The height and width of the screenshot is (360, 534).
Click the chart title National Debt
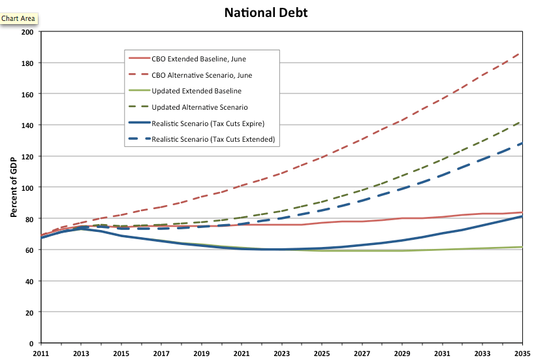[x=266, y=12]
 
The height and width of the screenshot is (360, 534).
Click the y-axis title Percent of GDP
[x=14, y=188]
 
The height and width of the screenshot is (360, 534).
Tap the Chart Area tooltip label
[x=18, y=18]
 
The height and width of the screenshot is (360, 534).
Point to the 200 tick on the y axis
[x=27, y=32]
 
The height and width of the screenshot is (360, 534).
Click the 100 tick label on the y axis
[x=27, y=188]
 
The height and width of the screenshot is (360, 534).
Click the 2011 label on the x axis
[x=42, y=353]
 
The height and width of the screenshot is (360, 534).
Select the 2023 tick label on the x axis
[x=282, y=353]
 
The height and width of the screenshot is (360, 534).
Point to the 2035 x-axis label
[x=522, y=353]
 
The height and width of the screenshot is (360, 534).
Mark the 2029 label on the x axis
[x=402, y=353]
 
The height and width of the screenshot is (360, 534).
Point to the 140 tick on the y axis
[x=27, y=125]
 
